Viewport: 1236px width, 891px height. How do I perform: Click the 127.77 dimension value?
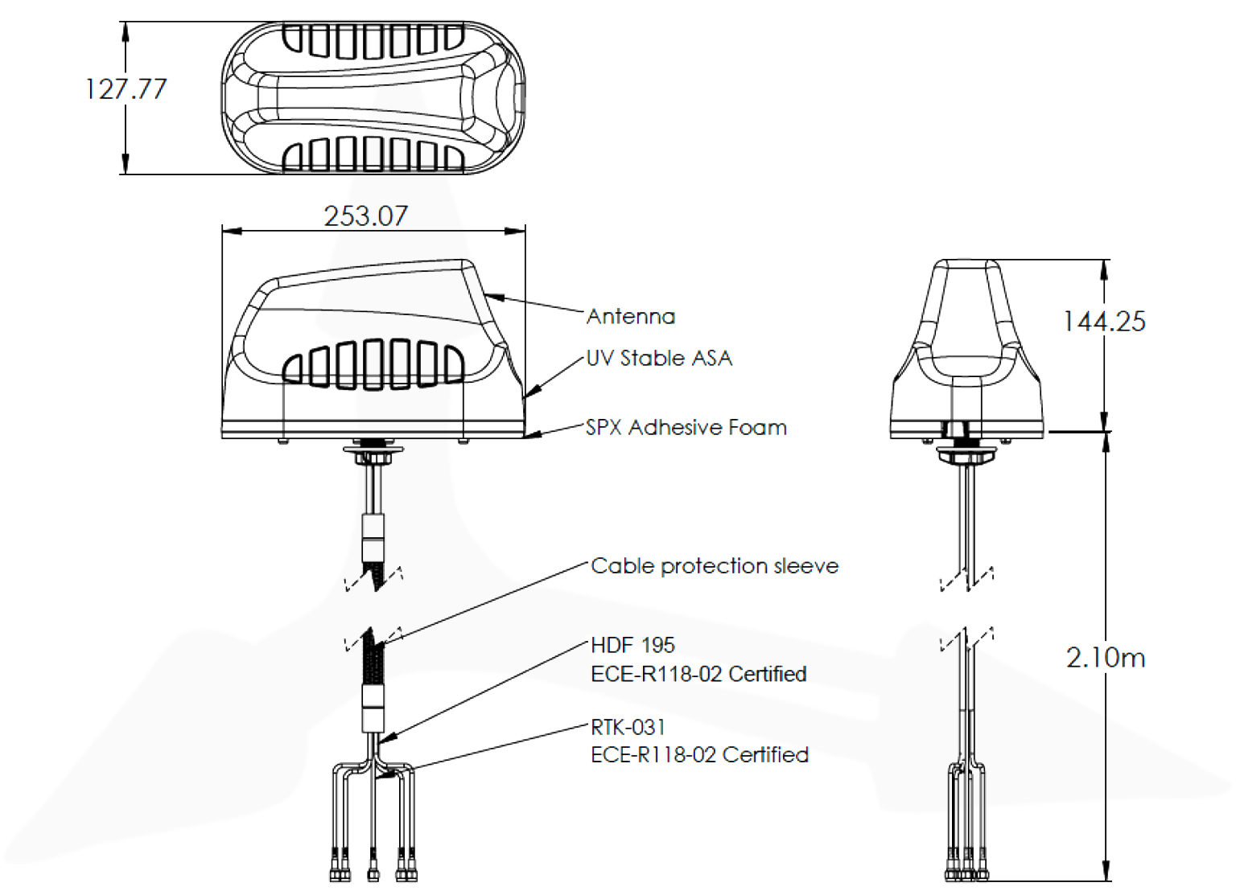coord(126,88)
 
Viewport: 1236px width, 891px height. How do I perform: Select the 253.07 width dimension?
coord(365,216)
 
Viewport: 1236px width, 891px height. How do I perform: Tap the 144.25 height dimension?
coord(1104,322)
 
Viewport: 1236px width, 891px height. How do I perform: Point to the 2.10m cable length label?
coord(1106,658)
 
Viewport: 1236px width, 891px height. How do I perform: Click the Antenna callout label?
coord(631,316)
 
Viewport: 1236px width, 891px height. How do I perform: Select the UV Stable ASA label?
coord(659,358)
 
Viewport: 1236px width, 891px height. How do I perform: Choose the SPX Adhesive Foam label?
coord(686,427)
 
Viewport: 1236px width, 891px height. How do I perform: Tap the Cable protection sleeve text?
coord(715,566)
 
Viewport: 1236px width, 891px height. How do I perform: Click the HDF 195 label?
coord(632,645)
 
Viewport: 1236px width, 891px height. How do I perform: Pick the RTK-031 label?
coord(628,727)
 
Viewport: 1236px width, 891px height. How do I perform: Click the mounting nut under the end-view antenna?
coord(966,456)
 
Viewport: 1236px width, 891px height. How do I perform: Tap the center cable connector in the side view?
coord(373,873)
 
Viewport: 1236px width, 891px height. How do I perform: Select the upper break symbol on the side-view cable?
coord(373,577)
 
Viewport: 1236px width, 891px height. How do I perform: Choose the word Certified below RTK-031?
coord(765,754)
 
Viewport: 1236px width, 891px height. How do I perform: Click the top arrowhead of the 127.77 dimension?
coord(126,29)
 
